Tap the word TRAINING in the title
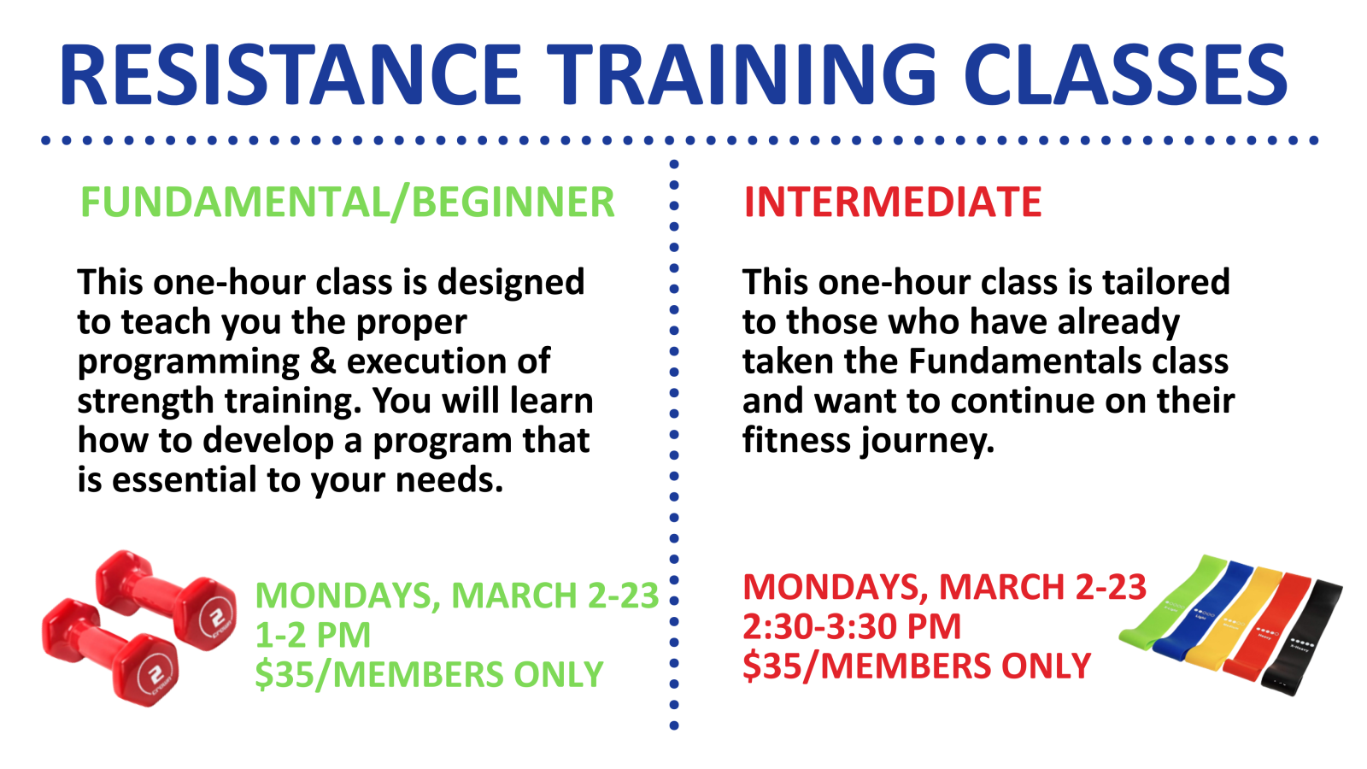coord(741,76)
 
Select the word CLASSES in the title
coord(1126,76)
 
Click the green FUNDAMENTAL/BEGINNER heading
coord(347,203)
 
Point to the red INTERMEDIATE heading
coord(892,202)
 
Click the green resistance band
coord(1171,602)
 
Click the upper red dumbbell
coord(166,599)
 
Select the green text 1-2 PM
coord(313,636)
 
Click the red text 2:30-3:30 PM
coord(852,627)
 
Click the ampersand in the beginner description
coord(323,361)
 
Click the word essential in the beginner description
coord(185,479)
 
